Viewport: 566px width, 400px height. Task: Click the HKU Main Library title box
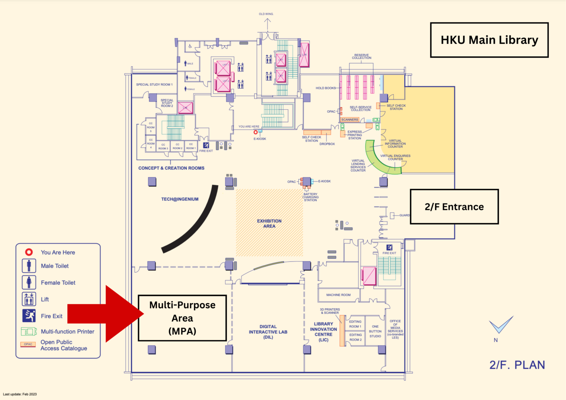tap(489, 40)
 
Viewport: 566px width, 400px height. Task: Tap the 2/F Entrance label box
tap(454, 207)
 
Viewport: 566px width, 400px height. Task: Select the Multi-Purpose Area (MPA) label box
tap(182, 318)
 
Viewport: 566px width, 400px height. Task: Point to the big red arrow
tap(105, 314)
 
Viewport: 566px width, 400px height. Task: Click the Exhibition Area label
tap(269, 224)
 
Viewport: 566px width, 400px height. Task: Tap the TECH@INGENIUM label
tap(180, 199)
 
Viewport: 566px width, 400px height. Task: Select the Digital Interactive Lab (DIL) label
tap(268, 332)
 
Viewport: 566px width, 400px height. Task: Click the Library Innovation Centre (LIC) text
tap(324, 332)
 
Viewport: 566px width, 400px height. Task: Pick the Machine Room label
tap(338, 295)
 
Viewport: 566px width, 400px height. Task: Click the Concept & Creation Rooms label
tap(171, 168)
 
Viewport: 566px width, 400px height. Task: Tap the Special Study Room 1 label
tap(154, 85)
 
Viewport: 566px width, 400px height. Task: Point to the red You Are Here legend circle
tap(29, 252)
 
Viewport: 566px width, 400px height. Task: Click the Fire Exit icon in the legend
tap(29, 316)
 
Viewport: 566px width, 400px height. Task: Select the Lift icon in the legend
tap(29, 299)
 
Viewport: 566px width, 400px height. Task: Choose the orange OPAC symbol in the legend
tap(28, 344)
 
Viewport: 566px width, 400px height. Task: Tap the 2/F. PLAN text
tap(517, 365)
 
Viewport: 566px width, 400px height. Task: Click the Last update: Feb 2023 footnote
tap(20, 394)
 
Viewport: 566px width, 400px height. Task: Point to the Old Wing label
tap(266, 14)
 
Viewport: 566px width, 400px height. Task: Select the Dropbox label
tap(327, 144)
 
